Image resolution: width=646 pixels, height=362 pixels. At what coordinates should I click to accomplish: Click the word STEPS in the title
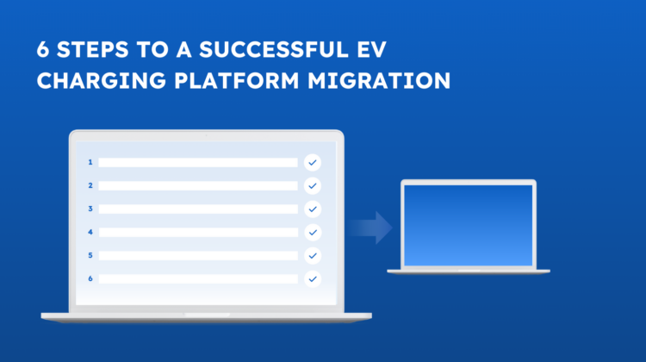click(x=93, y=50)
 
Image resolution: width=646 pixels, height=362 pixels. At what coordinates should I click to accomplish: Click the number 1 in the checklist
click(x=90, y=162)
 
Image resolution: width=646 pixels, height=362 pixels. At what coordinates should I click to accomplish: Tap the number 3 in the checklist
click(x=90, y=209)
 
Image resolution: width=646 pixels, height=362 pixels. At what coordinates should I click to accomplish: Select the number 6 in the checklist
click(x=90, y=278)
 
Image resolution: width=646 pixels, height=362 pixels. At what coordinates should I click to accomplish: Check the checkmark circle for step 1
click(x=312, y=162)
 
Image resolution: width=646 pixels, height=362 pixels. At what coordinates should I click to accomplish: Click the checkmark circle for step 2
click(x=312, y=185)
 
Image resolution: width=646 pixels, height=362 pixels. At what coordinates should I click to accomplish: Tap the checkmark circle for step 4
click(x=312, y=232)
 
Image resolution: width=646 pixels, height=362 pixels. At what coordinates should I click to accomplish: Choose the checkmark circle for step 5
click(x=312, y=255)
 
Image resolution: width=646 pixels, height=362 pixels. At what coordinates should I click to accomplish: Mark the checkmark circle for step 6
click(x=312, y=278)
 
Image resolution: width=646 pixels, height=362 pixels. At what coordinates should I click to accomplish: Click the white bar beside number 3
click(x=197, y=209)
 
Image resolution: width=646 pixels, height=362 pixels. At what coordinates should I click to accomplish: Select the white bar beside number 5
click(x=197, y=255)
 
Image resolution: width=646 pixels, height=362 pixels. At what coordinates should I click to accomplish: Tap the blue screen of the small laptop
click(x=468, y=224)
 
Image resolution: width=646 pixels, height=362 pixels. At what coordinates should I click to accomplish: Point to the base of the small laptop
click(x=468, y=271)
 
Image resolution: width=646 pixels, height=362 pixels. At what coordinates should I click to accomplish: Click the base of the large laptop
click(x=206, y=316)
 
